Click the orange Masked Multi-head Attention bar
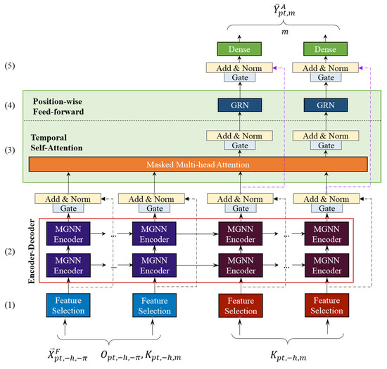tap(198, 164)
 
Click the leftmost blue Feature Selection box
tap(68, 305)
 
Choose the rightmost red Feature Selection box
tap(326, 305)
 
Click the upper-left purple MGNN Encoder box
tap(68, 233)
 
